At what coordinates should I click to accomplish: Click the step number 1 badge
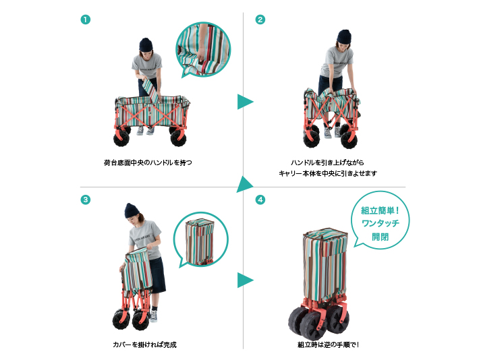pos(86,20)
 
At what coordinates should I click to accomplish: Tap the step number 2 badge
pos(260,20)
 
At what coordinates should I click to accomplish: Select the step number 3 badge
pos(86,200)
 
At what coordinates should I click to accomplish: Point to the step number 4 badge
pos(260,200)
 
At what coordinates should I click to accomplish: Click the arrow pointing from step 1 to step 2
pos(245,102)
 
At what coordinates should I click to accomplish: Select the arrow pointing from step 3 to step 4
pos(245,280)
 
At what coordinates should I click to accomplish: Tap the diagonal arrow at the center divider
pos(245,185)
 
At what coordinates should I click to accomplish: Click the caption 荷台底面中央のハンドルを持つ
pos(148,162)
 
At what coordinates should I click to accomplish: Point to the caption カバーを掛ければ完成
pos(145,344)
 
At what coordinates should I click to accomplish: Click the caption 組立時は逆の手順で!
pos(328,344)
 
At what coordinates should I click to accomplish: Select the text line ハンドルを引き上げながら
pos(327,162)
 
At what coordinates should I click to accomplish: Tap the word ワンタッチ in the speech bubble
pos(381,223)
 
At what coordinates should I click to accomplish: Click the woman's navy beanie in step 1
pos(146,44)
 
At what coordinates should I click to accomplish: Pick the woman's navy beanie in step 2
pos(344,36)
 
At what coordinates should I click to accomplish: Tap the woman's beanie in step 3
pos(132,210)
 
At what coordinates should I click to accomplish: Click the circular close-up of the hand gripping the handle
pos(203,49)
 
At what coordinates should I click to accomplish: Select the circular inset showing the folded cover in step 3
pos(200,239)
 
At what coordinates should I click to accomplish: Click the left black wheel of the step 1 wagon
pos(121,138)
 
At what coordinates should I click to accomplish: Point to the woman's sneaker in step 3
pos(153,316)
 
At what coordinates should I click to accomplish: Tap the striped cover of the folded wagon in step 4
pos(325,263)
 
